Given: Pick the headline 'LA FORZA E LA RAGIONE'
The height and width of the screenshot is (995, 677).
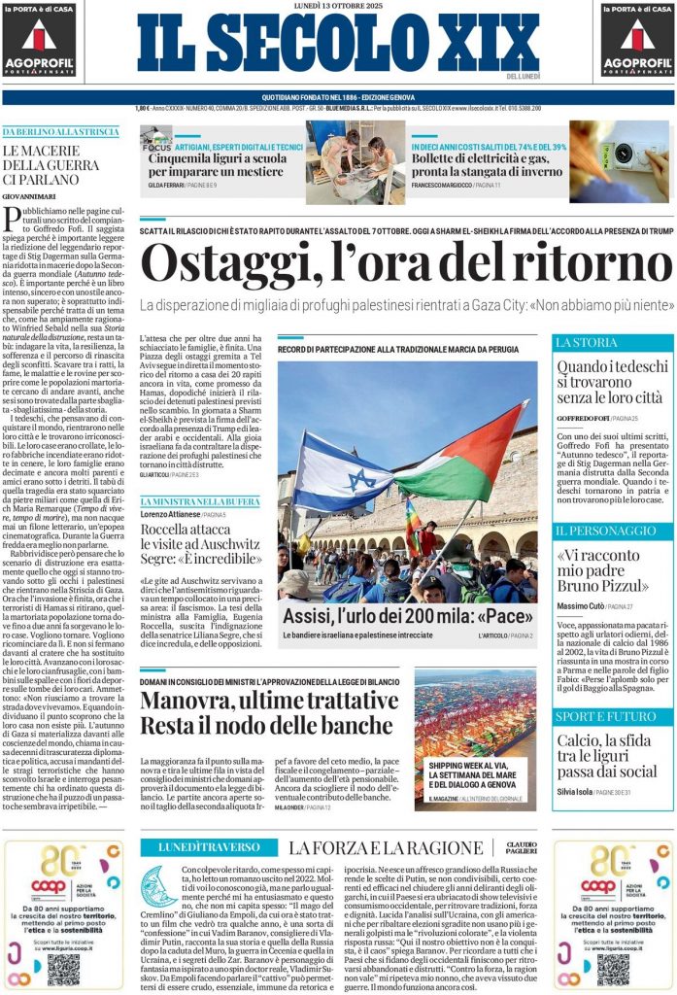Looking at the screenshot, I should click(386, 847).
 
